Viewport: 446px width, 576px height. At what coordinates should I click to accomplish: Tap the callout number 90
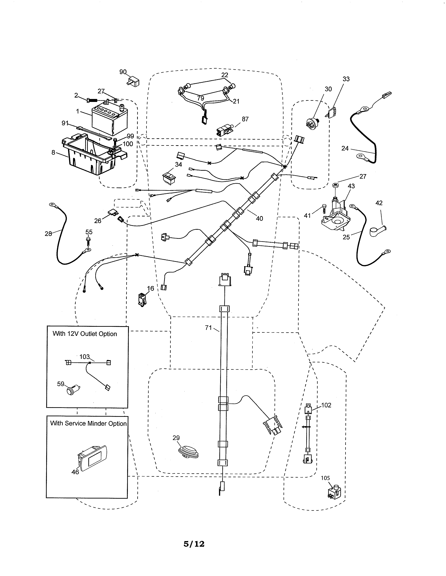pyautogui.click(x=123, y=72)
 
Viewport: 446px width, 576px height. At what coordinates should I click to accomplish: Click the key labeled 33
pyautogui.click(x=332, y=113)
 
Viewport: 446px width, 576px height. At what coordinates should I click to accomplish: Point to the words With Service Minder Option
pyautogui.click(x=88, y=423)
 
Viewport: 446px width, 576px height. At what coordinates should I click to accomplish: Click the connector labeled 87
pyautogui.click(x=225, y=130)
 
